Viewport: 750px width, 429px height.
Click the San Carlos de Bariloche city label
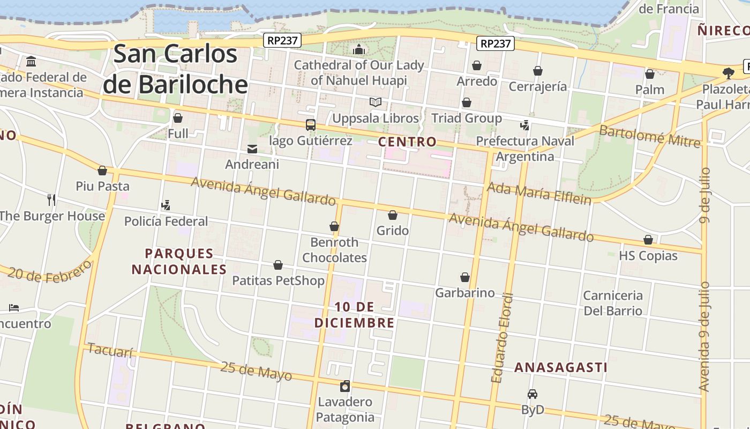tap(176, 69)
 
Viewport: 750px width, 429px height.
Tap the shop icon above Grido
tap(393, 216)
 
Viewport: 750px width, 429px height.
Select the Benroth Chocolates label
tap(334, 250)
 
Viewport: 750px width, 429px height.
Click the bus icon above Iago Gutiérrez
tap(311, 125)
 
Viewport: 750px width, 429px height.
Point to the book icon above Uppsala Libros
tap(376, 102)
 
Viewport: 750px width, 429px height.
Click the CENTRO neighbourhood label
tap(407, 142)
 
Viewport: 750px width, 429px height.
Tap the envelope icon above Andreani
tap(252, 149)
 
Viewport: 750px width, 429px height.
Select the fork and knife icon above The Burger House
tap(51, 200)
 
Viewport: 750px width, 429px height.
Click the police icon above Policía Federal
tap(166, 205)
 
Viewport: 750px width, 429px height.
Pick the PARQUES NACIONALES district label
tap(179, 261)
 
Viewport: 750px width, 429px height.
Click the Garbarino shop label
tap(465, 293)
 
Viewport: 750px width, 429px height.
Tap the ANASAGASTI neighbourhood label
tap(561, 367)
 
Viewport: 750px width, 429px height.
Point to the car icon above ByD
tap(532, 394)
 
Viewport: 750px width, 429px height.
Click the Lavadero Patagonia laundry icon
tap(346, 386)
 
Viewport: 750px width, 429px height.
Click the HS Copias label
tap(648, 256)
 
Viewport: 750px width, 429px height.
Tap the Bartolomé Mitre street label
tap(649, 136)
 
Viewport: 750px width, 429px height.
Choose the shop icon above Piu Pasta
tap(102, 171)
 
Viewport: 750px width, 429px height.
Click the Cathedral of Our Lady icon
tap(359, 50)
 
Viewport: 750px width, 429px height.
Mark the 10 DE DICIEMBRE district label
tap(354, 315)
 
